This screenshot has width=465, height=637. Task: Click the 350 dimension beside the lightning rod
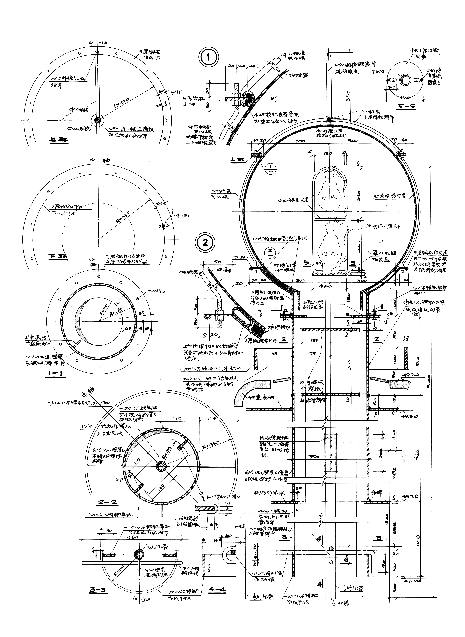tap(348, 96)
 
